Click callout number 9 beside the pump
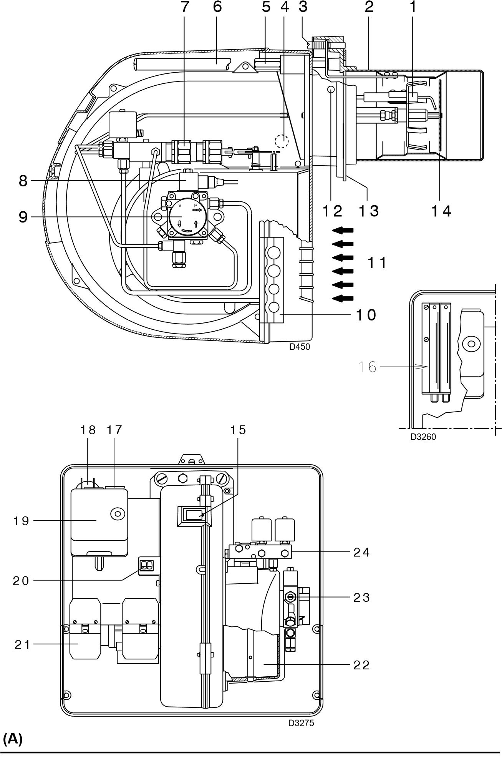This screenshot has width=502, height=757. (23, 217)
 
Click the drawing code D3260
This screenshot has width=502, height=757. (423, 437)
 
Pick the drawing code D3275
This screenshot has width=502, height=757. (301, 723)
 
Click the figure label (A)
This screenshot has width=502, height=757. (12, 739)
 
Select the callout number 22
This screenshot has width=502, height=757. (361, 664)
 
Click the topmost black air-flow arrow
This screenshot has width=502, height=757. (343, 230)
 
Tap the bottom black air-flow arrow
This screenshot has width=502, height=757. (343, 298)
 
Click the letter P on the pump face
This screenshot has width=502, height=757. (195, 206)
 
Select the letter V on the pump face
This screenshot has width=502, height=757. (180, 206)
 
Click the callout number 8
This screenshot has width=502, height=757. (23, 181)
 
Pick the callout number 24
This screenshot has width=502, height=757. (361, 552)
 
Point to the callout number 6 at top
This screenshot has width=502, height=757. (217, 7)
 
